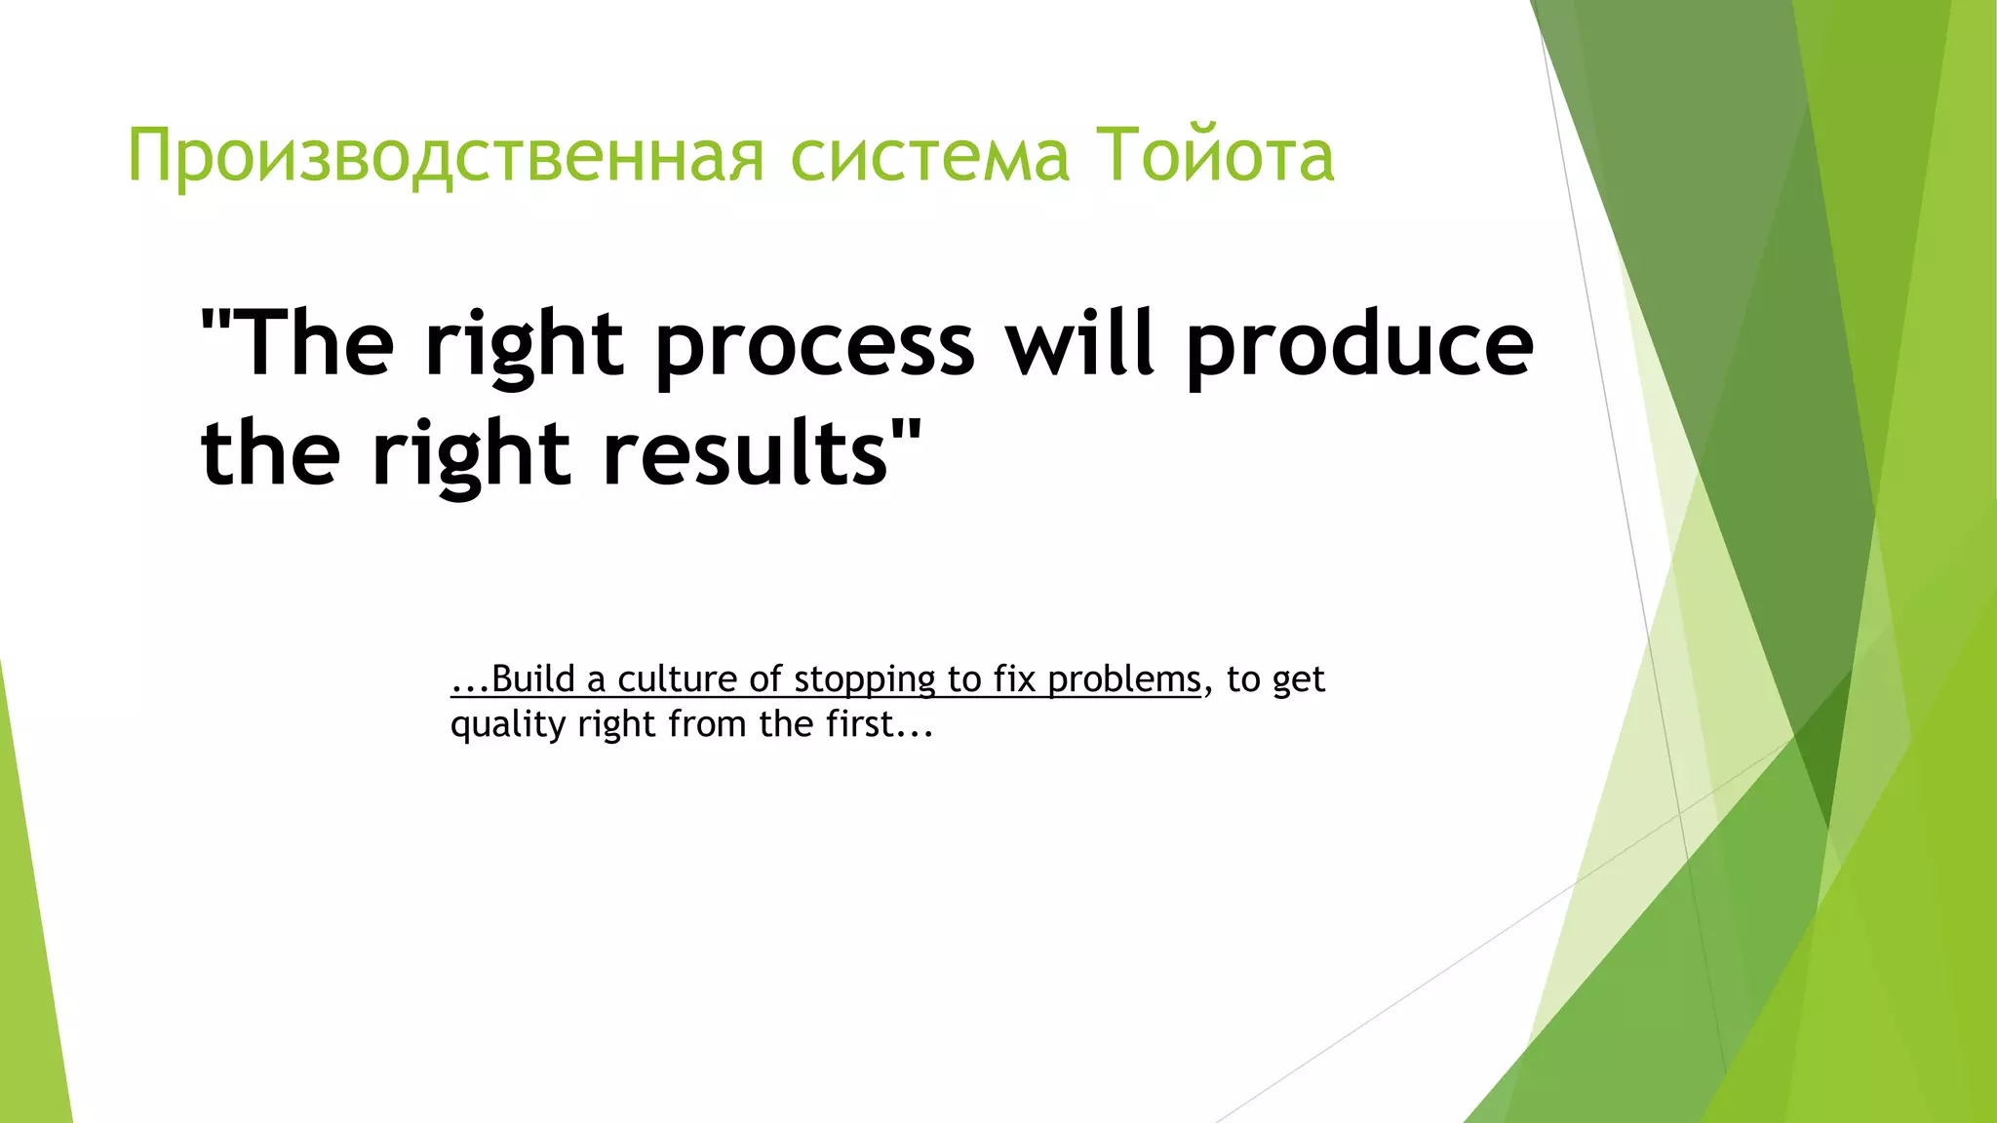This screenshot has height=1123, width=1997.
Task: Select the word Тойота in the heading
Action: (1214, 156)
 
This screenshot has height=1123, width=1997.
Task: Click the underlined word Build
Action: (532, 679)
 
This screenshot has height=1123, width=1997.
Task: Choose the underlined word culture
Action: (677, 679)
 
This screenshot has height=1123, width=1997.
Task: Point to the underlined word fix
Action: (1014, 679)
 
